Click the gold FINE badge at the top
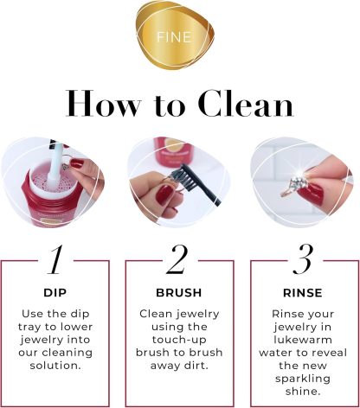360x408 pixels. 180,39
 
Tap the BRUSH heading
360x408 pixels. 179,292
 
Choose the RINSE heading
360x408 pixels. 303,292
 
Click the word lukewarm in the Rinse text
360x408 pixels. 303,343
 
